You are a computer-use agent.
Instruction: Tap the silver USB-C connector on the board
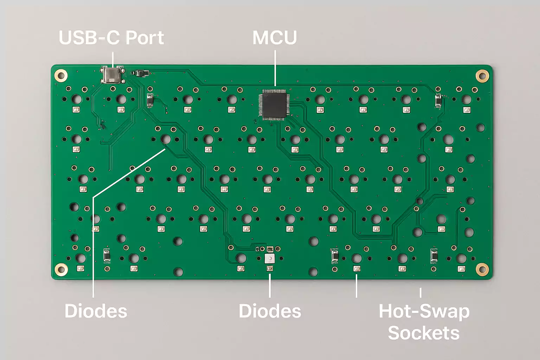coord(112,75)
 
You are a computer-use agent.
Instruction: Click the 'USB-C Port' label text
coord(111,38)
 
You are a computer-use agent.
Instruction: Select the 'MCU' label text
coord(275,38)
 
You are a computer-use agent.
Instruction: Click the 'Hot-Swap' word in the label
coord(424,311)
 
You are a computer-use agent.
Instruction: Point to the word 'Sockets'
coord(424,333)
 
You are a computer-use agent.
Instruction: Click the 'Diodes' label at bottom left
coord(96,311)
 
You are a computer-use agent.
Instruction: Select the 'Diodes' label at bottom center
coord(270,311)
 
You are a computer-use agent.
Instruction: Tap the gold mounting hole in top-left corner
coord(61,75)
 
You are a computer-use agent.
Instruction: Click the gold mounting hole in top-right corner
coord(482,75)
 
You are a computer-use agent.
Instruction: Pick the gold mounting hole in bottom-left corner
coord(61,270)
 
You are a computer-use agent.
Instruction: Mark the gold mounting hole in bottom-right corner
coord(482,269)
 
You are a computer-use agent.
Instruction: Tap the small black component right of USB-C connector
coord(141,73)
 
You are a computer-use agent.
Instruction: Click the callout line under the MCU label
coord(275,69)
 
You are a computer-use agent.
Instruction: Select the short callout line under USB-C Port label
coord(113,59)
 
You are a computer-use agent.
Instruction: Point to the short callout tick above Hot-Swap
coord(420,292)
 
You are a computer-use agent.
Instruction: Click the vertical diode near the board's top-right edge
coord(438,101)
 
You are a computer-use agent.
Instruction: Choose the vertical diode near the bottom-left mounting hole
coord(107,256)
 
